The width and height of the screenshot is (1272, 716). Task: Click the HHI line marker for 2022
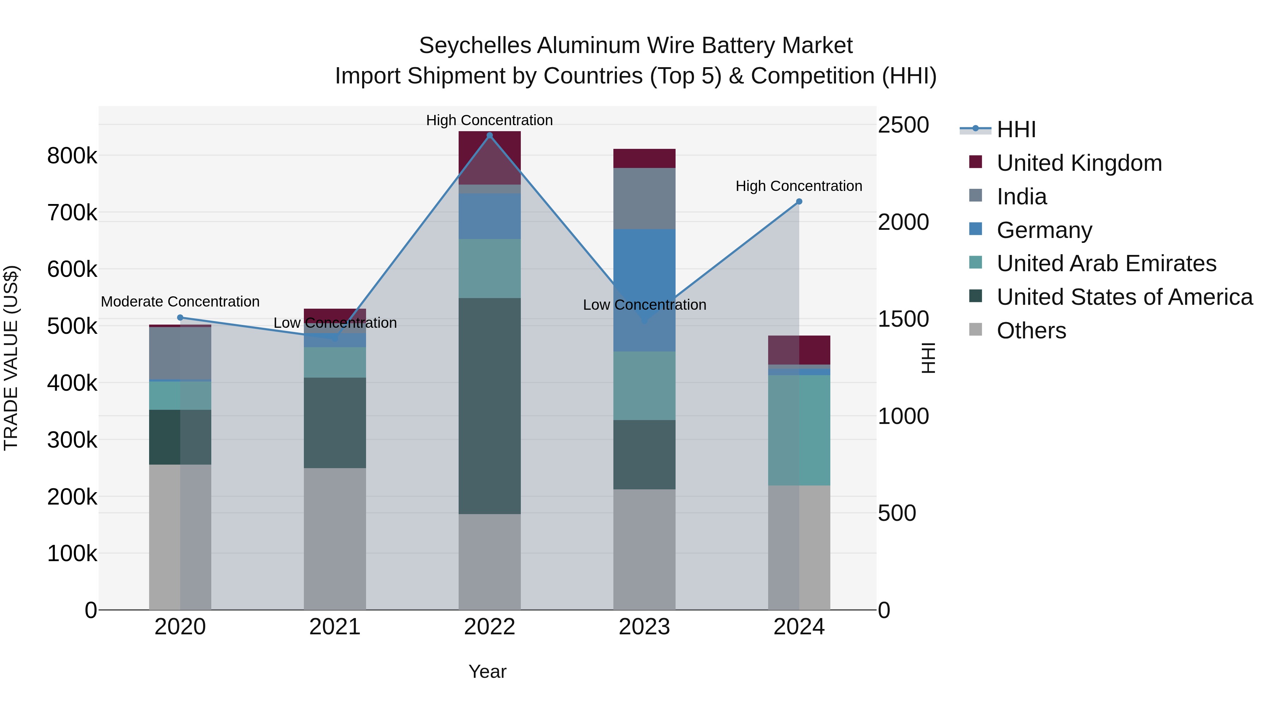click(x=489, y=135)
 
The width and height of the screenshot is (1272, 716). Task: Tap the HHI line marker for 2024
click(x=799, y=202)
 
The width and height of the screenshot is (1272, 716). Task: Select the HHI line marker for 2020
click(x=180, y=318)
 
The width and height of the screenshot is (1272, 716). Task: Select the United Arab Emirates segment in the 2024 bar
click(x=799, y=430)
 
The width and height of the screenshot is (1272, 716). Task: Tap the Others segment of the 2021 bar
click(x=335, y=539)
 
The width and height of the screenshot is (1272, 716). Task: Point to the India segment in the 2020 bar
click(x=180, y=353)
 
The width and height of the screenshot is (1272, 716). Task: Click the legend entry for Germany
click(x=1044, y=230)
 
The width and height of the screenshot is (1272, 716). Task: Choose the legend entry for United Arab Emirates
click(x=1106, y=263)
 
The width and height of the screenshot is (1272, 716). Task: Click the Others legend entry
click(x=1031, y=331)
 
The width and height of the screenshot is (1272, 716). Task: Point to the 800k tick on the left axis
click(x=72, y=156)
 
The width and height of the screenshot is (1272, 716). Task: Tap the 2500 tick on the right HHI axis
click(x=903, y=125)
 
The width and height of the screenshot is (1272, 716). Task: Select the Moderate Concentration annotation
click(x=180, y=301)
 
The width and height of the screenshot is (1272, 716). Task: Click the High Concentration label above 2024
click(x=799, y=186)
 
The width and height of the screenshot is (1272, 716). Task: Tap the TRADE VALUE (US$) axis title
click(x=11, y=358)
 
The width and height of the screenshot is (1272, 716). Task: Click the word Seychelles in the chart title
click(x=475, y=46)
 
